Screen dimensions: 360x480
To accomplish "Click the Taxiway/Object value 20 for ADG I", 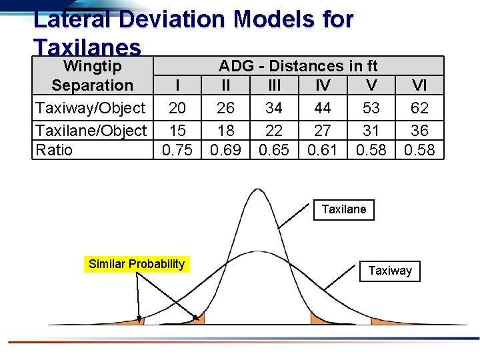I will [177, 108].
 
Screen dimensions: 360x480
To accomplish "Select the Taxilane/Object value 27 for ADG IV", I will [323, 130].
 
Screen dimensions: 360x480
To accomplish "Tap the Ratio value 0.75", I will [177, 150].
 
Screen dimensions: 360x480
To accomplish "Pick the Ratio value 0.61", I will [323, 150].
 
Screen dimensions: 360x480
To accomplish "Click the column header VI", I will [419, 85].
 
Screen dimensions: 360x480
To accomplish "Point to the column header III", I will [274, 85].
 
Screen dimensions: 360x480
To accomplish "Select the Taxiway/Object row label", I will [90, 108].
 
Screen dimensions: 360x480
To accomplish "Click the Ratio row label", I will [54, 150].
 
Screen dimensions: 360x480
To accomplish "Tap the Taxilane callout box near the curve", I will [343, 209].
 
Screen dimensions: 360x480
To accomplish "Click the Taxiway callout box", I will [390, 271].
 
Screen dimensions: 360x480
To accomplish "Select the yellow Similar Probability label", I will [137, 264].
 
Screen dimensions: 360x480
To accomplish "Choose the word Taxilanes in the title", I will [87, 47].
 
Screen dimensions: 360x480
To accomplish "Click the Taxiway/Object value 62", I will [419, 108].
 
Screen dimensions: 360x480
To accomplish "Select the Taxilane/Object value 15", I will [177, 130].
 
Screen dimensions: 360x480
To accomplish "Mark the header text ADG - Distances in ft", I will [298, 66].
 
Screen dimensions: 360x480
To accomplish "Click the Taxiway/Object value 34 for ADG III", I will [274, 108].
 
